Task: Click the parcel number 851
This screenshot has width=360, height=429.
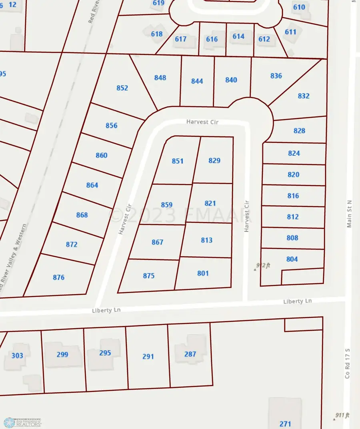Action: click(178, 161)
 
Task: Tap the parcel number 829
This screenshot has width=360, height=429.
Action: click(214, 160)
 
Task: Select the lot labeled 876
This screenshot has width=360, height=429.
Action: click(58, 277)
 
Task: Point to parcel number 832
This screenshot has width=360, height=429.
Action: click(304, 96)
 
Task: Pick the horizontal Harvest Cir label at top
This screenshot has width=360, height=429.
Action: click(202, 122)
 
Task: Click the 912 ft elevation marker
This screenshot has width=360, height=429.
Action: click(263, 266)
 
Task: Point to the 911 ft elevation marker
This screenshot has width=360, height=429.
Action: click(342, 415)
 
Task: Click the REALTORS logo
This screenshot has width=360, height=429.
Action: click(22, 422)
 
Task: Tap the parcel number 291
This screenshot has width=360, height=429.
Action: click(148, 356)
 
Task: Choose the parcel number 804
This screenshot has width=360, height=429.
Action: click(292, 259)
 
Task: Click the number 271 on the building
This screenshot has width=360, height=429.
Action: click(285, 424)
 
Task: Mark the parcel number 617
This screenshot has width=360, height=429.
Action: click(181, 39)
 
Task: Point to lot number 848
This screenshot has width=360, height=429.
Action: click(160, 78)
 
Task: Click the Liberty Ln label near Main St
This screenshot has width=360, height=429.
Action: click(297, 301)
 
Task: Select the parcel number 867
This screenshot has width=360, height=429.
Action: click(158, 242)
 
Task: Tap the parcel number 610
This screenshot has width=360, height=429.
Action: click(299, 7)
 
